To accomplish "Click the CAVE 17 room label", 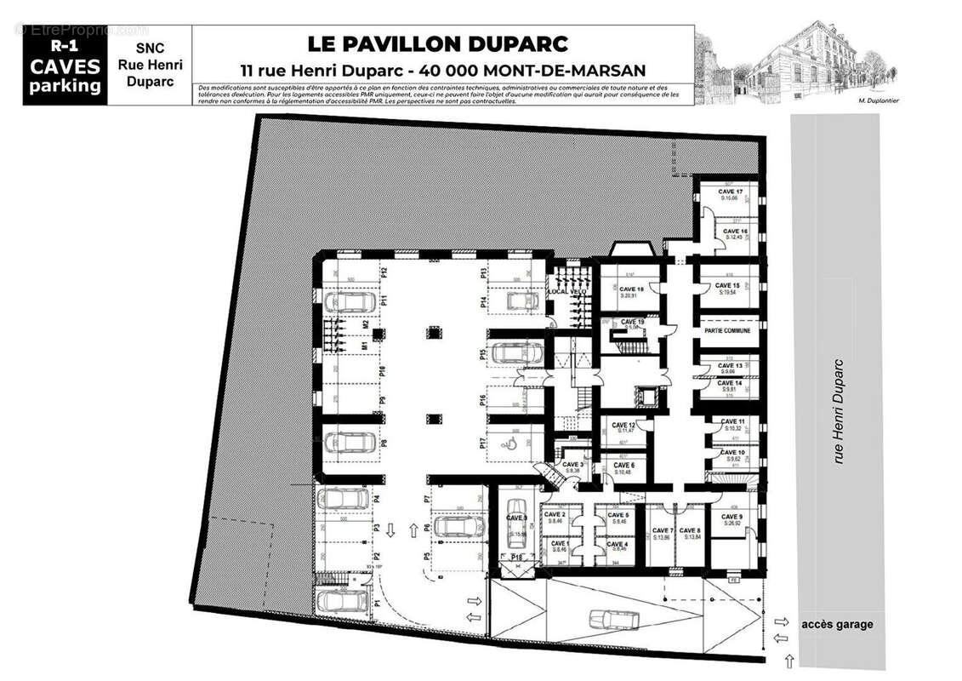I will coord(731,192).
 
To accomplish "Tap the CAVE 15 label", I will coord(726,285).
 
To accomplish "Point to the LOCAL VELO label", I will coord(567,292).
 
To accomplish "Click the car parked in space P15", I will coord(517,352).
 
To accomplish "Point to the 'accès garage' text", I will coord(836,624).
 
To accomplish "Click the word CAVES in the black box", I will coord(65,66).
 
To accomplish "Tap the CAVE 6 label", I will coord(623,466).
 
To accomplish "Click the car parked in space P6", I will coord(458,526).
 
